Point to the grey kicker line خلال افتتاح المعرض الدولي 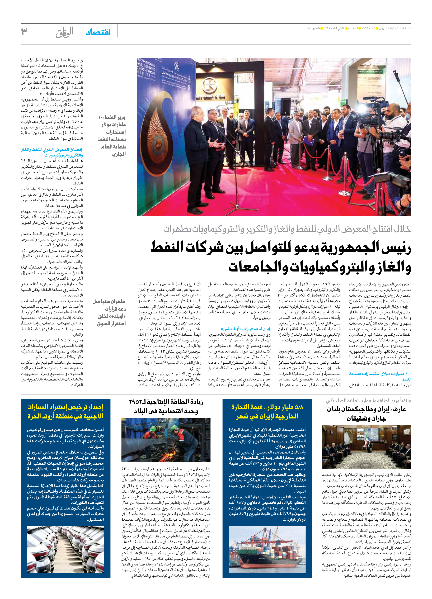(x=287, y=229)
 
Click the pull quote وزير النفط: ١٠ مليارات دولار (x=112, y=135)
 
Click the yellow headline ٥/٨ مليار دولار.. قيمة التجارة (x=267, y=412)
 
